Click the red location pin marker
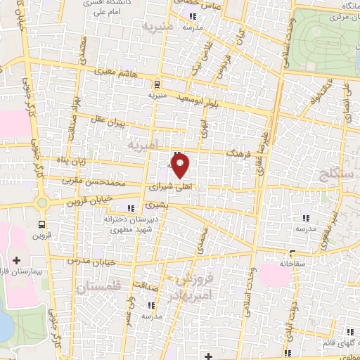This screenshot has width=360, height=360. pyautogui.click(x=181, y=167)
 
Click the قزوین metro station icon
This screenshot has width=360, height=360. pyautogui.click(x=41, y=224)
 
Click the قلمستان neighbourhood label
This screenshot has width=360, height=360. pyautogui.click(x=97, y=287)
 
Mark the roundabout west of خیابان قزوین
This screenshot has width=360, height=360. pyautogui.click(x=42, y=203)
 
